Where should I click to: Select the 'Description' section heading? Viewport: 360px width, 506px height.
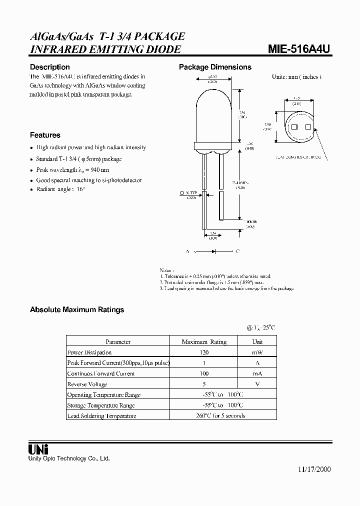click(x=50, y=67)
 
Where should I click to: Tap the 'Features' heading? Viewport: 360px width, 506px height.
click(x=45, y=135)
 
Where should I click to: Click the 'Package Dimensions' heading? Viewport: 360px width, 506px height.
click(x=215, y=67)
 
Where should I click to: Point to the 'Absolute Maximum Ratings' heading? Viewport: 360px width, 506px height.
click(x=77, y=309)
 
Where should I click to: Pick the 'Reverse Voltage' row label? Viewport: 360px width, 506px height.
click(x=87, y=384)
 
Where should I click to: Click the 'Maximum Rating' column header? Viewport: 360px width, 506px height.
click(x=204, y=342)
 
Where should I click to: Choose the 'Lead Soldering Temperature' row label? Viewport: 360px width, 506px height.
click(x=101, y=415)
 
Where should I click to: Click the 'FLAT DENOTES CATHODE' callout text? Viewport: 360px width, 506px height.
click(x=298, y=157)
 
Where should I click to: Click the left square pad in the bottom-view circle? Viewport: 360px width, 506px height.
click(x=294, y=127)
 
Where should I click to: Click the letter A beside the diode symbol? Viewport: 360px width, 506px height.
click(x=188, y=251)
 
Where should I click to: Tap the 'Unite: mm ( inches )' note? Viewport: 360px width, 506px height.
click(x=296, y=77)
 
